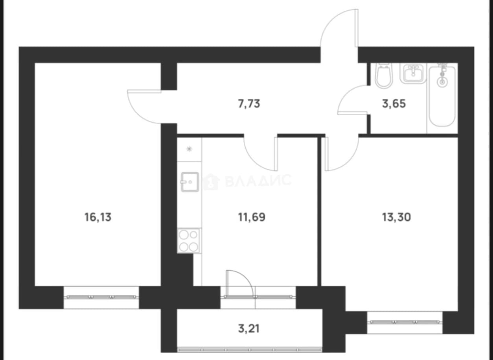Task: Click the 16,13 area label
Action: click(98, 217)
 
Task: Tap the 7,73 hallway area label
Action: click(249, 103)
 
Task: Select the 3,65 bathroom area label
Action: click(394, 103)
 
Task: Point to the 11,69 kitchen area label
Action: click(252, 217)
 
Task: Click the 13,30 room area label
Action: click(396, 217)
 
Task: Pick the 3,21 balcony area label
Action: click(249, 329)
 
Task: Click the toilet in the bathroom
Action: click(384, 76)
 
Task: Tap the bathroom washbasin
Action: click(413, 74)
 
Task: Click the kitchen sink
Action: click(190, 182)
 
